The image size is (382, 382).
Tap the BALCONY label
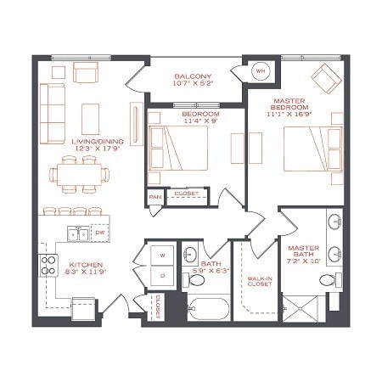(192, 75)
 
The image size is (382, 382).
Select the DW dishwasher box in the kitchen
(99, 232)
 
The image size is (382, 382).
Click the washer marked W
(161, 255)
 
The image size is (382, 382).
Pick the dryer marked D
(161, 275)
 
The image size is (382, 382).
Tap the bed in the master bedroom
(311, 151)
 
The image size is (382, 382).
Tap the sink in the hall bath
(193, 254)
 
